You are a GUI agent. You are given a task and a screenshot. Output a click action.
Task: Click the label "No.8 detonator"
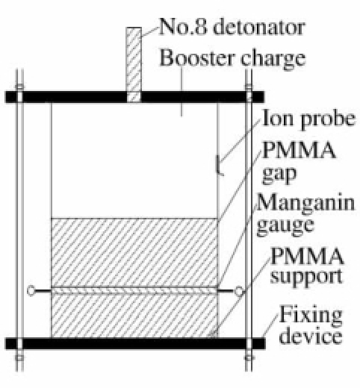pyautogui.click(x=232, y=26)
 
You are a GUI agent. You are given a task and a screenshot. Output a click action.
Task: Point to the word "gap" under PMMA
pyautogui.click(x=279, y=175)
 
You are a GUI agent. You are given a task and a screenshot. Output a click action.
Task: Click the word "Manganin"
pyautogui.click(x=305, y=202)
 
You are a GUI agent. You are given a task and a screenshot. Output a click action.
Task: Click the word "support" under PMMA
pyautogui.click(x=306, y=277)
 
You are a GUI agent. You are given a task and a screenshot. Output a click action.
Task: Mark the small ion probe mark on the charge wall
pyautogui.click(x=219, y=166)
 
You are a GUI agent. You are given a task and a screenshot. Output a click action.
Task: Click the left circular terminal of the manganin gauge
pyautogui.click(x=31, y=290)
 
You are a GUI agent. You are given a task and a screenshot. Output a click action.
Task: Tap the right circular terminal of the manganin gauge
pyautogui.click(x=239, y=290)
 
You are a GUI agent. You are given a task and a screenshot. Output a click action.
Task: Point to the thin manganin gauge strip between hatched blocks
pyautogui.click(x=134, y=290)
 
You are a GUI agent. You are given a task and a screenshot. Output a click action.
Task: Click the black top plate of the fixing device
pyautogui.click(x=134, y=97)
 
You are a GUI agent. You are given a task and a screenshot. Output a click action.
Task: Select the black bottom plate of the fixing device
pyautogui.click(x=135, y=343)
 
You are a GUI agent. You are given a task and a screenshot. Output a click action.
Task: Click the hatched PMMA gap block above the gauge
pyautogui.click(x=134, y=253)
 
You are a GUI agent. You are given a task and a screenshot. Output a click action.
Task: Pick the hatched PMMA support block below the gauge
pyautogui.click(x=134, y=316)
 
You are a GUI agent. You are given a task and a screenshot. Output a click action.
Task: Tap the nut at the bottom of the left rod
pyautogui.click(x=19, y=358)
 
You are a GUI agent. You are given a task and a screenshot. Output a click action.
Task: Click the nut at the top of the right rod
pyautogui.click(x=249, y=87)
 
